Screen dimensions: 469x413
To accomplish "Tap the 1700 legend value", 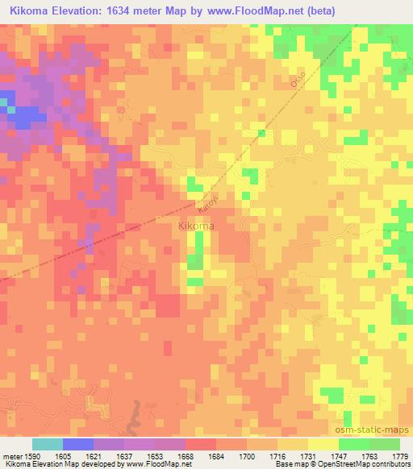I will [248, 456].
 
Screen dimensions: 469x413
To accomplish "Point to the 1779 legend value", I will [400, 456].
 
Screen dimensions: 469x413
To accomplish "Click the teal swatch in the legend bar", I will [47, 444].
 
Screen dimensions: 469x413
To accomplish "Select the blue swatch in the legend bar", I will [77, 444].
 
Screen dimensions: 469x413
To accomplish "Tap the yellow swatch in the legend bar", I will [323, 444].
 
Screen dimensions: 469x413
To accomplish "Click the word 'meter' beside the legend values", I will [10, 456].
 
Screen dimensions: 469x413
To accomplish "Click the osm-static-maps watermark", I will [368, 431].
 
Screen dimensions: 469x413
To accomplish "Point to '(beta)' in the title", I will [315, 10].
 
